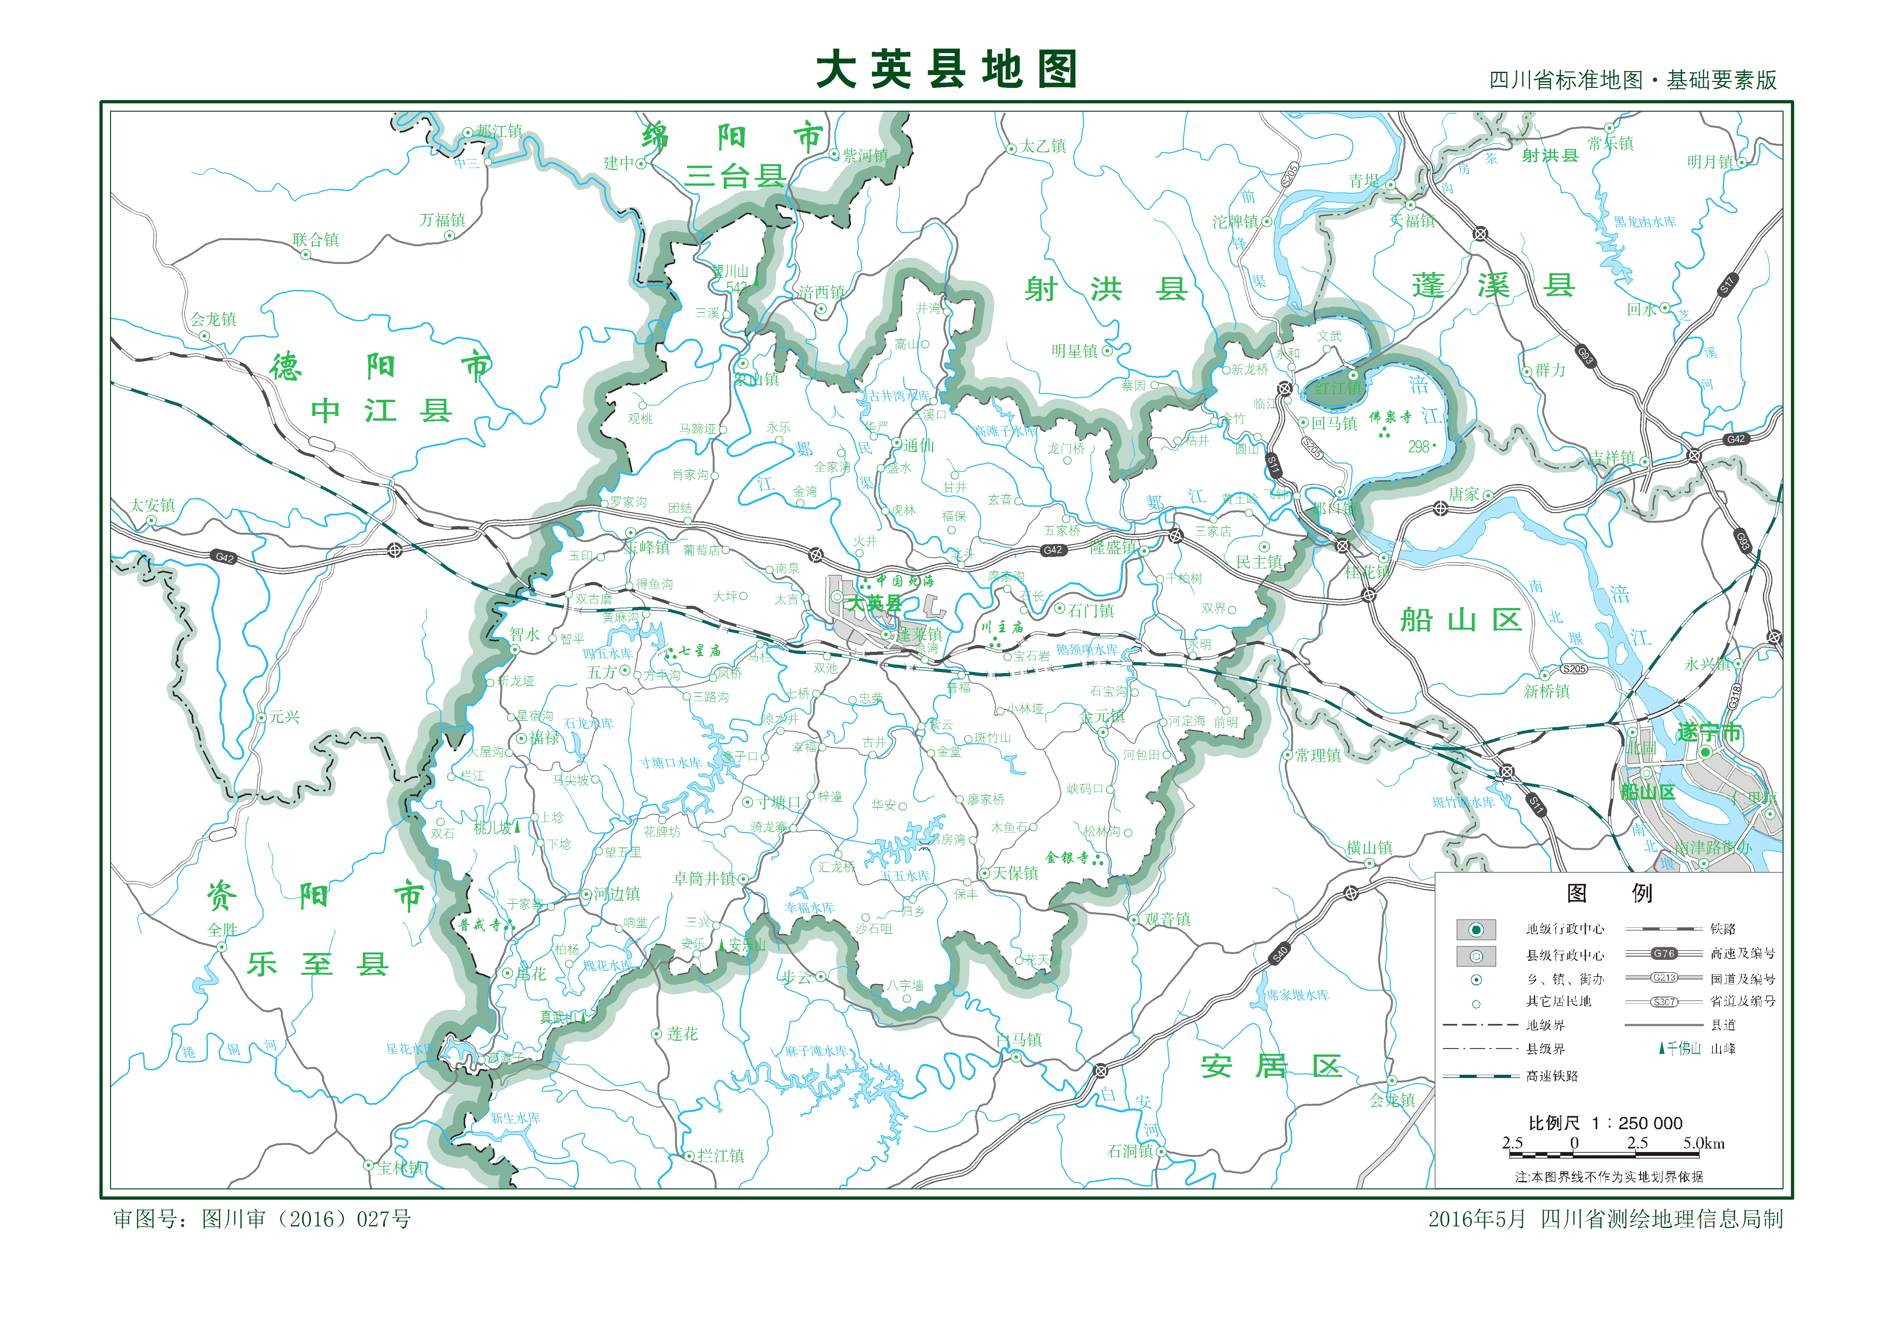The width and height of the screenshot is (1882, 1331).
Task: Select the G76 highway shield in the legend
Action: pos(1664,953)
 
